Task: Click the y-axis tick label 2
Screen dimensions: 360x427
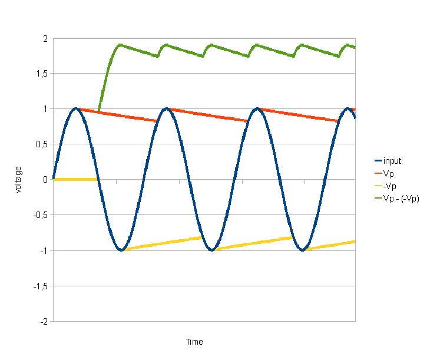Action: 45,38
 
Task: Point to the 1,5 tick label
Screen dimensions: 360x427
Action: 42,74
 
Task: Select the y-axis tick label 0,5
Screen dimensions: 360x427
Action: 42,144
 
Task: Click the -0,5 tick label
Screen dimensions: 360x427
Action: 41,215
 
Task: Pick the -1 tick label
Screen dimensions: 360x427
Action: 44,250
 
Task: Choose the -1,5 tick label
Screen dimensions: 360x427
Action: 41,286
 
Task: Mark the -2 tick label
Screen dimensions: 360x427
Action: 44,322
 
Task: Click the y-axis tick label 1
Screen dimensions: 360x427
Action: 45,109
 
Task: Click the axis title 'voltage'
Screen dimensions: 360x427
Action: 18,180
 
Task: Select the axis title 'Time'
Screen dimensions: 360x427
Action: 194,342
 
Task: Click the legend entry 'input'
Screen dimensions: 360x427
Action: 393,161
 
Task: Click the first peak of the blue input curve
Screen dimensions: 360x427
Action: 75,109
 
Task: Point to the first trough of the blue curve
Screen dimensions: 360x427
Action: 121,250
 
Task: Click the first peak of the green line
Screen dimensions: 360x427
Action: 120,45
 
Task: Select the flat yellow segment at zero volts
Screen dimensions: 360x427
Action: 75,179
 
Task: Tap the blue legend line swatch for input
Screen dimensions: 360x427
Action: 378,161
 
